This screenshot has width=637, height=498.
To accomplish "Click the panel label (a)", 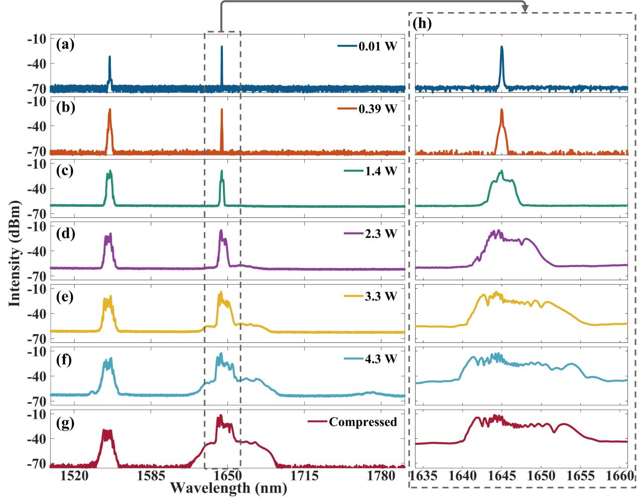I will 65,45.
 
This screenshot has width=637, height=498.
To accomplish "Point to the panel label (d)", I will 65,233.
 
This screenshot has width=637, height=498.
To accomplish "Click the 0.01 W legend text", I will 377,47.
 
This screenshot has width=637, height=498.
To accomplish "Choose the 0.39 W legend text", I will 377,109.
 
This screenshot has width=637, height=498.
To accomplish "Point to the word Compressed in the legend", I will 363,422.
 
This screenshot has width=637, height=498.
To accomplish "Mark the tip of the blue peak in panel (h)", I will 501,47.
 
